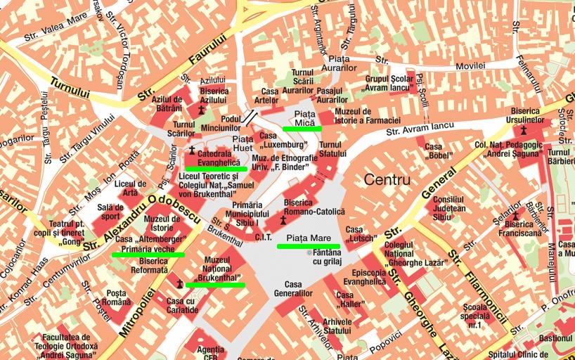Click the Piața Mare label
point(309,238)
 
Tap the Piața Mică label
point(304,118)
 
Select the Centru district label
point(387,180)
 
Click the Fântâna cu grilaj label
point(327,257)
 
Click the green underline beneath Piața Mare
point(309,246)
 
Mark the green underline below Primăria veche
point(148,255)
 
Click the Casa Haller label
point(349,300)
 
